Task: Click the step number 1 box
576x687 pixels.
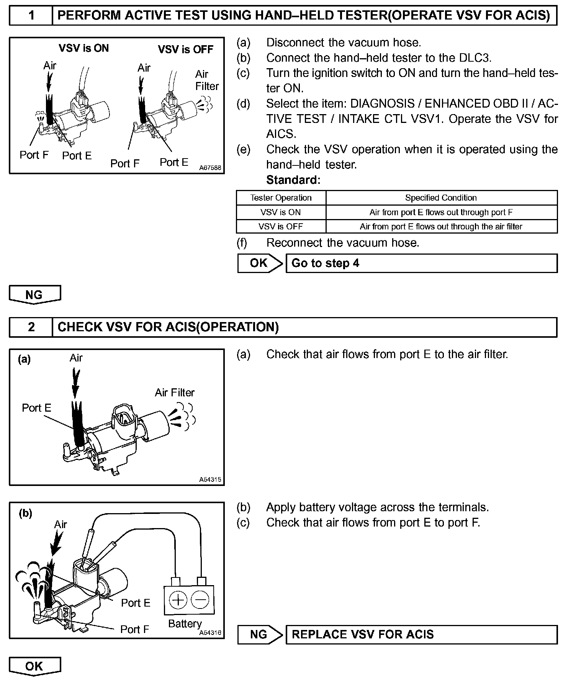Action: pyautogui.click(x=31, y=16)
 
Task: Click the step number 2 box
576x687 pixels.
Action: pyautogui.click(x=31, y=327)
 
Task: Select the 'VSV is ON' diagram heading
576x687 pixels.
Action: pyautogui.click(x=83, y=48)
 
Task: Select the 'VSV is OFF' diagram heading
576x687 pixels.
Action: pyautogui.click(x=185, y=49)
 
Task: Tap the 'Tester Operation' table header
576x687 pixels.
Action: pyautogui.click(x=281, y=198)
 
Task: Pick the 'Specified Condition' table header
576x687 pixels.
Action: pyautogui.click(x=441, y=198)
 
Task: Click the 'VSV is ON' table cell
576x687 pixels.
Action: pyautogui.click(x=281, y=212)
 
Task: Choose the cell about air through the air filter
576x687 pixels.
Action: pyautogui.click(x=441, y=227)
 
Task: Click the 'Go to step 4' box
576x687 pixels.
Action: pyautogui.click(x=421, y=263)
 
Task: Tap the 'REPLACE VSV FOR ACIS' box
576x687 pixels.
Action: pyautogui.click(x=421, y=635)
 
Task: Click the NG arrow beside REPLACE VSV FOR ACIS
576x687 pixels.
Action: pyautogui.click(x=260, y=635)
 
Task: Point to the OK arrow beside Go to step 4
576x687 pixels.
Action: pyautogui.click(x=260, y=263)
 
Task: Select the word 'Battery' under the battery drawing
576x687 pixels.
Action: pyautogui.click(x=185, y=624)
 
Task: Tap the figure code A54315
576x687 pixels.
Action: pyautogui.click(x=210, y=479)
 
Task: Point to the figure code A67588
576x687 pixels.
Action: pyautogui.click(x=210, y=168)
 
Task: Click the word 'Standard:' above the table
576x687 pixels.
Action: pyautogui.click(x=293, y=180)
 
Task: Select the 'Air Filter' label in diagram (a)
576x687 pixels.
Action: pyautogui.click(x=175, y=393)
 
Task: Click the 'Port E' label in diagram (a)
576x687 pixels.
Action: pyautogui.click(x=36, y=408)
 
